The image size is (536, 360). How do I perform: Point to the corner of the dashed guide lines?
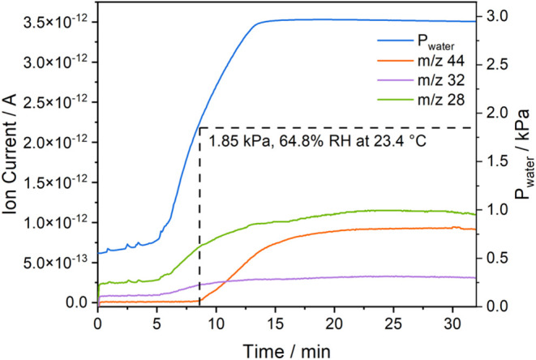click(x=200, y=127)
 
